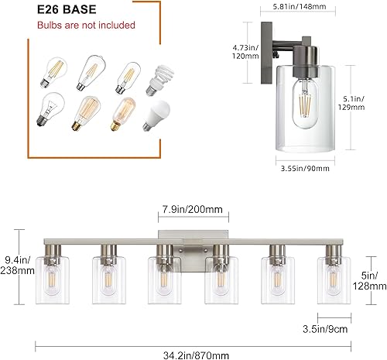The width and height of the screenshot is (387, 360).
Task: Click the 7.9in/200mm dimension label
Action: (x=191, y=208)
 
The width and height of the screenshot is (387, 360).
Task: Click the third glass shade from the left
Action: (x=163, y=277)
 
